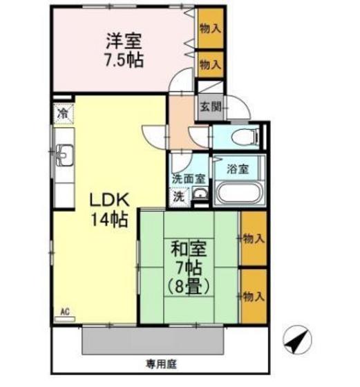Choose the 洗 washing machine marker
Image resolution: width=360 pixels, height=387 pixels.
tap(178, 195)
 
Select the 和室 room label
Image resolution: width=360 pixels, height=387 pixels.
tap(188, 247)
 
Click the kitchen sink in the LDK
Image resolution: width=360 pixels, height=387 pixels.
tap(63, 155)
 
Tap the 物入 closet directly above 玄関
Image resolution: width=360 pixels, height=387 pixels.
tap(210, 64)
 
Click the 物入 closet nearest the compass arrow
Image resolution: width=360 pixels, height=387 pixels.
tap(254, 296)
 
